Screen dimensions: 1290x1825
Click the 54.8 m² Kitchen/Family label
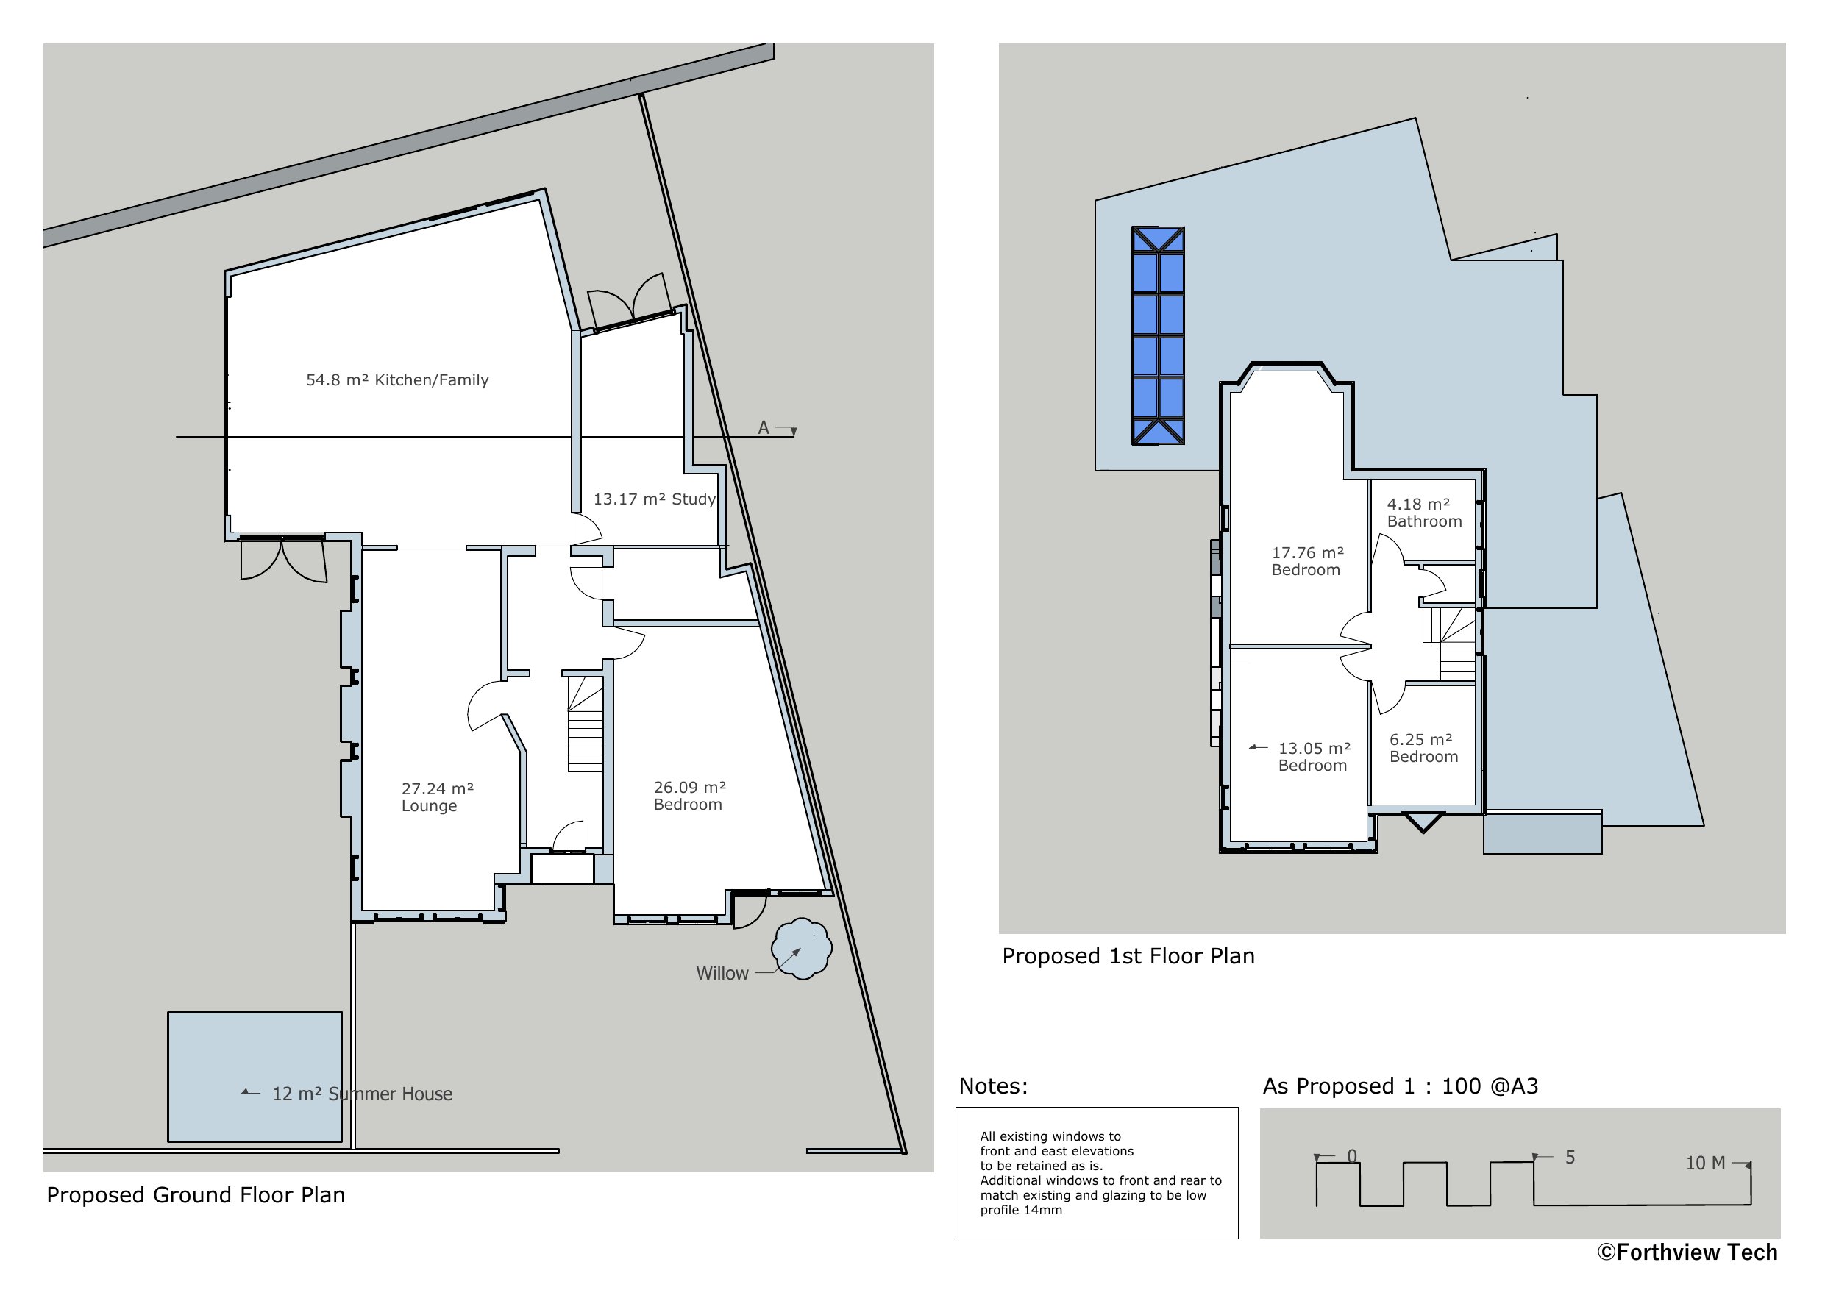396,380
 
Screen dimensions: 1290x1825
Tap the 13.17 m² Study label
653,499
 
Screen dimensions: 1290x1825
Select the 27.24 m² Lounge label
436,797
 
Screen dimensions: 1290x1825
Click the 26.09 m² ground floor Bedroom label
689,795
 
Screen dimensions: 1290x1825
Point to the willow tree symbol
801,948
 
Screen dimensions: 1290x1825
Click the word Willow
722,973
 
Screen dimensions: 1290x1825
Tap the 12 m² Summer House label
362,1094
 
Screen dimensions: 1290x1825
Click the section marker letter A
763,427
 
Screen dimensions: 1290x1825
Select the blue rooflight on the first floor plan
1158,335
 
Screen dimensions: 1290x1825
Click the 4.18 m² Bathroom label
1423,513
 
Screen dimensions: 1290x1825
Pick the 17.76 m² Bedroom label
1306,560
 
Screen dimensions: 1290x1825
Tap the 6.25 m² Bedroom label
1423,748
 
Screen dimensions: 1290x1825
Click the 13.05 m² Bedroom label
1313,757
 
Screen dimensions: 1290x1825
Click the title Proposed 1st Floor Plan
1128,956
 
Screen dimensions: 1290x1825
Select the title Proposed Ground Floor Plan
196,1195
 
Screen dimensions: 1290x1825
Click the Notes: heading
993,1086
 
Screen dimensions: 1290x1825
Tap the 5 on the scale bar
1570,1158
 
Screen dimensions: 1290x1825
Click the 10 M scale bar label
1705,1163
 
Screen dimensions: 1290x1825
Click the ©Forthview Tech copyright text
1687,1252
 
